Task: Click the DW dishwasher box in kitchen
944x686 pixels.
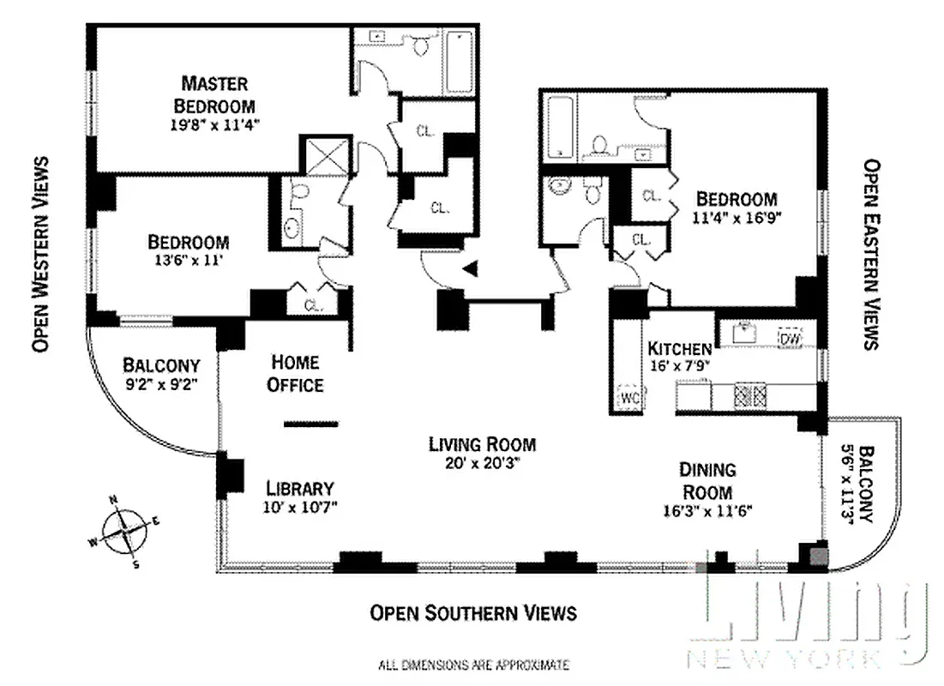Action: (x=790, y=339)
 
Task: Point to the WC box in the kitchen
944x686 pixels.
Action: (x=630, y=398)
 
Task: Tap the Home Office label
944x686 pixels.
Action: (x=295, y=373)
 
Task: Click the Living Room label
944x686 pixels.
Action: (x=482, y=444)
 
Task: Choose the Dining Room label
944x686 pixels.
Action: (x=707, y=480)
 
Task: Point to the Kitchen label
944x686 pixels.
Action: (x=679, y=349)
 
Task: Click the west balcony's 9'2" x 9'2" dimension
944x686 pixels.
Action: (x=160, y=385)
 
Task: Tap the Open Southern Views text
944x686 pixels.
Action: (x=472, y=613)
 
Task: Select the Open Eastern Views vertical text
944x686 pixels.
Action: (x=871, y=254)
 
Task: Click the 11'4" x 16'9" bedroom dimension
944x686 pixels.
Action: (x=737, y=218)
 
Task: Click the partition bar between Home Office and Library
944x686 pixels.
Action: (x=311, y=423)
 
